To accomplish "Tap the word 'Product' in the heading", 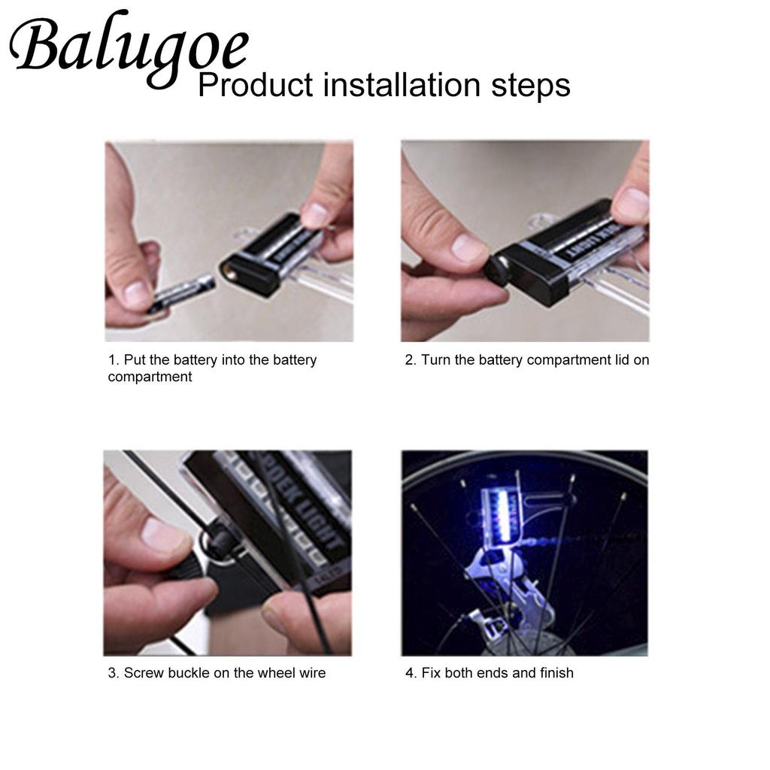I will (255, 86).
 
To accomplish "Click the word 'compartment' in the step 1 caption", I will (150, 377).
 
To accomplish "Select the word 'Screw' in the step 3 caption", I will (144, 673).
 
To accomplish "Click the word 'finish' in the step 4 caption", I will (556, 673).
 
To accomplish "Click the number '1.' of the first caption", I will (114, 359).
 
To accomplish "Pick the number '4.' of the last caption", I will (411, 673).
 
